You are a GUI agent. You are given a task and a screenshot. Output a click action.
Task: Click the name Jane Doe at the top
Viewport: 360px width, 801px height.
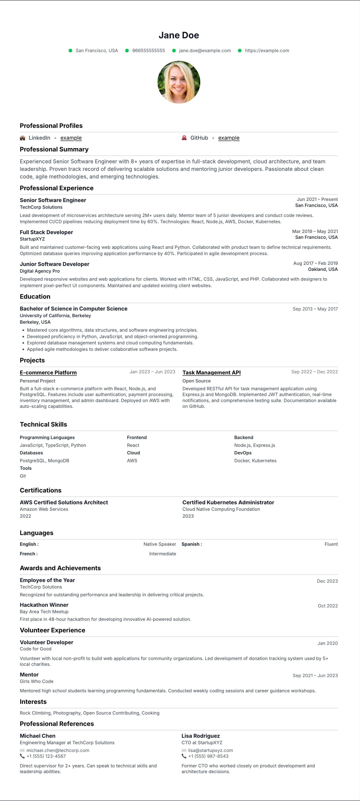coord(179,35)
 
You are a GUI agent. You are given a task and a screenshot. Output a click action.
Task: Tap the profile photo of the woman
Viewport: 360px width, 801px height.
coord(179,82)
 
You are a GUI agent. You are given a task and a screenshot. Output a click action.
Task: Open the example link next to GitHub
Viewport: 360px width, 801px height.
coord(229,138)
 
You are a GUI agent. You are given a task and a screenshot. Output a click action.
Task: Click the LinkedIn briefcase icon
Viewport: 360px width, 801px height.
coord(22,138)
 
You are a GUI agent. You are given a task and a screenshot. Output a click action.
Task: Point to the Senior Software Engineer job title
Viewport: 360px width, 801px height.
coord(53,200)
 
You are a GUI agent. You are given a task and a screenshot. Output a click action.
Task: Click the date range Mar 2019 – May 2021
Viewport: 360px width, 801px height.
coord(315,231)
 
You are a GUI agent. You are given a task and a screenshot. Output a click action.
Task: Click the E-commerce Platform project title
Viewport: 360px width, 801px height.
coord(48,372)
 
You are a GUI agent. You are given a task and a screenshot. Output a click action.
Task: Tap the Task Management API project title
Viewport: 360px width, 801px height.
coord(211,372)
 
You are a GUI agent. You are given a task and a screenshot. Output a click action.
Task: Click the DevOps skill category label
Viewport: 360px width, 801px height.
coord(243,453)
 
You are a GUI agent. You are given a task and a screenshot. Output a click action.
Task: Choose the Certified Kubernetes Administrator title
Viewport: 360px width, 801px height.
coord(228,502)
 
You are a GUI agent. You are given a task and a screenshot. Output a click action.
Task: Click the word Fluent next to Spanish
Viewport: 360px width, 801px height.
coord(331,544)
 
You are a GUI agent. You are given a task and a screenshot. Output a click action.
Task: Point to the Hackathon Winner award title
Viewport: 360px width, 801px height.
coord(44,605)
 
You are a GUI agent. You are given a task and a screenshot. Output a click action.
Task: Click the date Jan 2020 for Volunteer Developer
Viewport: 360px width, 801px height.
coord(327,643)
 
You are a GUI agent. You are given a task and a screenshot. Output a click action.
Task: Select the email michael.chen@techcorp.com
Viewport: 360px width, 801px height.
coord(58,750)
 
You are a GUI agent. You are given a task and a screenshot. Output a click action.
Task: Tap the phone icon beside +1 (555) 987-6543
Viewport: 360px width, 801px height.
coord(184,756)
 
